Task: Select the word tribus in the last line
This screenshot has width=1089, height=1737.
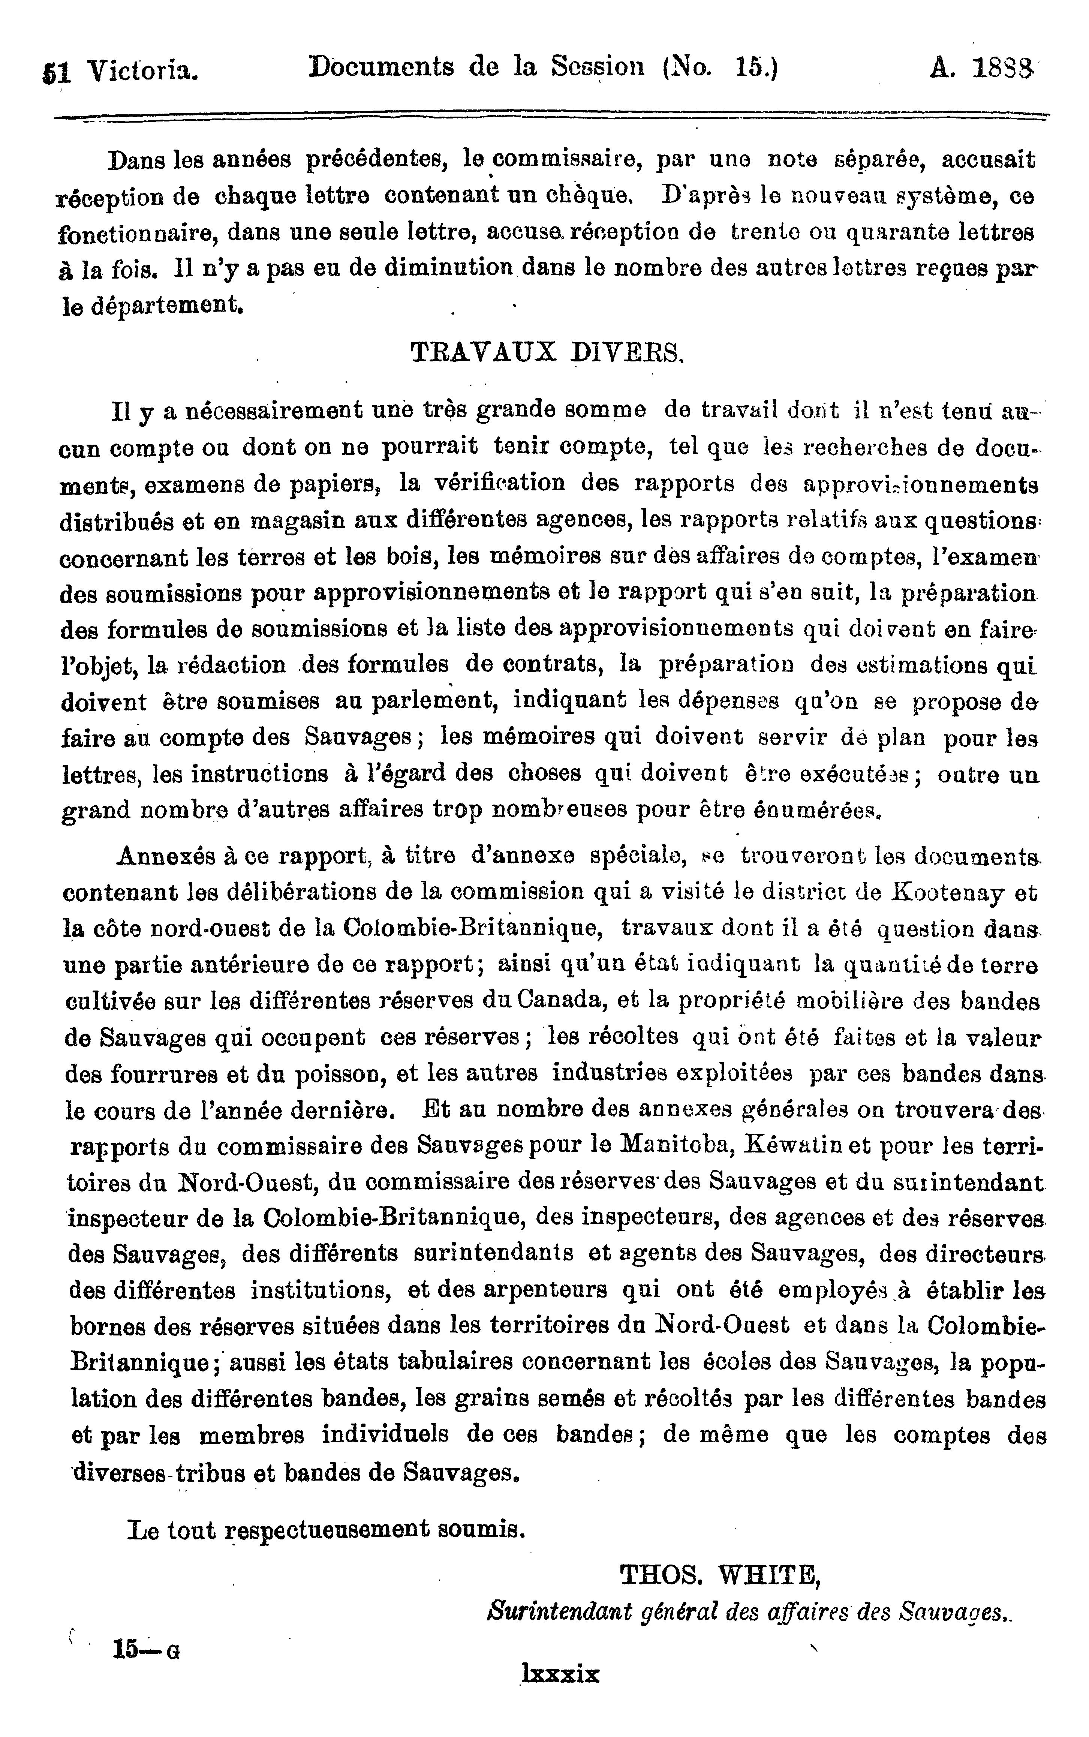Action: pyautogui.click(x=209, y=1473)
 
